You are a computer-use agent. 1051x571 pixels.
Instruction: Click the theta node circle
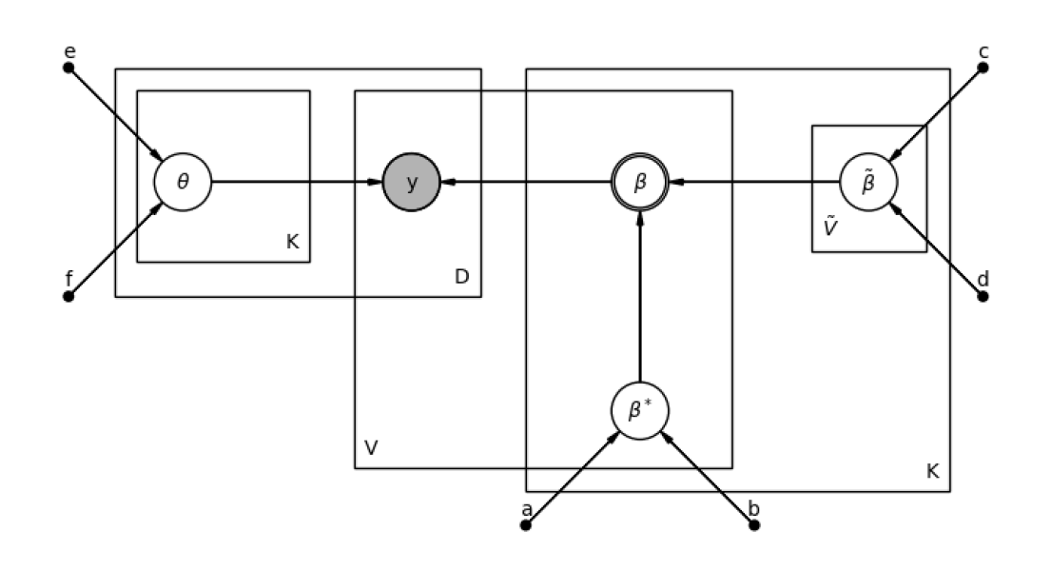[x=183, y=181]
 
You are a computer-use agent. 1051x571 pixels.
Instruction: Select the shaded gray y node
[x=411, y=181]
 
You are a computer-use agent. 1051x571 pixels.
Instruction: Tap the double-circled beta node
[x=640, y=181]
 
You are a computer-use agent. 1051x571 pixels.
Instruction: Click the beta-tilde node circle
[x=868, y=181]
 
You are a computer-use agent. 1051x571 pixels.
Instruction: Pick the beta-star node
[x=640, y=410]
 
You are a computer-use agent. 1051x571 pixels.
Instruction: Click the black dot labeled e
[x=68, y=68]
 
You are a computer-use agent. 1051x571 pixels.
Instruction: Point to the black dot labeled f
[x=68, y=296]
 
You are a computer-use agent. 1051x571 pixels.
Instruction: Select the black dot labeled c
[x=983, y=68]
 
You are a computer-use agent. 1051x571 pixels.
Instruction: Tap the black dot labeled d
[x=983, y=296]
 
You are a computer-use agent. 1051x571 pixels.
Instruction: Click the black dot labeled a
[x=526, y=524]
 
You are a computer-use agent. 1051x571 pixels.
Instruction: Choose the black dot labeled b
[x=754, y=524]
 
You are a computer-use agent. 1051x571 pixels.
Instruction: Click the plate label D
[x=461, y=277]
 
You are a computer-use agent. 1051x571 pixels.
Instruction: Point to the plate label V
[x=372, y=447]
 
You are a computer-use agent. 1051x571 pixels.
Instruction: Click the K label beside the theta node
[x=292, y=242]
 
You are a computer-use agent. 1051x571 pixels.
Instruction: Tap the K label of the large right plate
[x=932, y=471]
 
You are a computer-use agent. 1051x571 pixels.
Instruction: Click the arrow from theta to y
[x=295, y=181]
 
